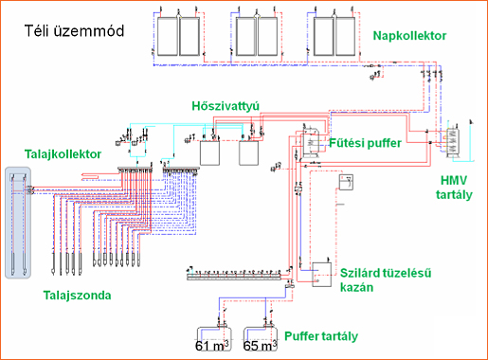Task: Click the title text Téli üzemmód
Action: pos(74,31)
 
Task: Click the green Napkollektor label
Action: pos(409,36)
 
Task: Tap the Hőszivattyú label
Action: pos(226,106)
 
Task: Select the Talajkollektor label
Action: pos(63,154)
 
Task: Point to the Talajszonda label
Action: pos(77,296)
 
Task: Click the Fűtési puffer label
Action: pos(365,143)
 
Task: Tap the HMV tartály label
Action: pos(454,188)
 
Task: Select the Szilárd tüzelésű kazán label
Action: pos(386,279)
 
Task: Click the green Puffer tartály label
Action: pos(321,336)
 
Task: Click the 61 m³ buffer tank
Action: pos(214,339)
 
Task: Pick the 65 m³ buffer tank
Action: pos(261,339)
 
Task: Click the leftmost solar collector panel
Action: pos(168,36)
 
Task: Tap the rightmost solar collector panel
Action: pos(346,36)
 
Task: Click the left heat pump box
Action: pos(209,153)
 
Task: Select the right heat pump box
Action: pos(248,153)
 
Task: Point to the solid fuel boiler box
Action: pos(322,275)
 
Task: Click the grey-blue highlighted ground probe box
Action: pos(18,223)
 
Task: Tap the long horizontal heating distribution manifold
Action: pos(234,277)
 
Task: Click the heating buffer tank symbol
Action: pos(310,142)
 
